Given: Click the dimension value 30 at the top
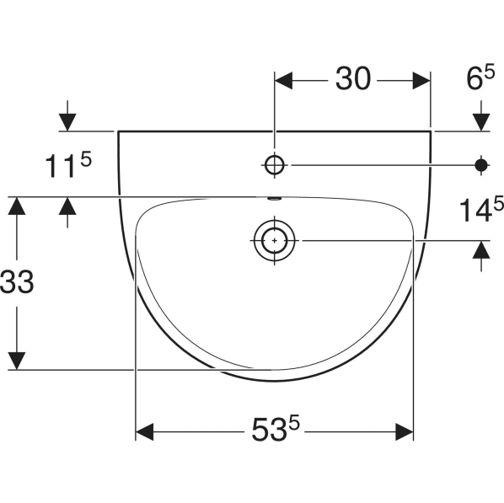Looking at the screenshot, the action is (x=353, y=78).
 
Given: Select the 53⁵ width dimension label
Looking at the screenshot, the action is (x=275, y=428).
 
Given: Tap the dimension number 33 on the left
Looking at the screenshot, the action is (x=17, y=281).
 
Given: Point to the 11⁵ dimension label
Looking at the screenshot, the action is (x=68, y=165).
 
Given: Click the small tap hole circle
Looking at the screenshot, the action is (x=275, y=165).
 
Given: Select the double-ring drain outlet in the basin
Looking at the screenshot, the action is (x=275, y=240).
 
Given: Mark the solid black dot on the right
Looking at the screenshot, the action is (x=481, y=165).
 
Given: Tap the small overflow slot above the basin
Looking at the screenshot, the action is (x=274, y=199).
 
